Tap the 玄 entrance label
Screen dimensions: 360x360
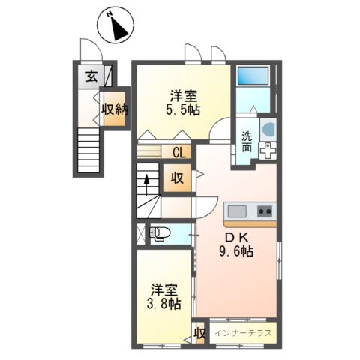(x=91, y=76)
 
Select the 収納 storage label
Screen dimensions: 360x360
(x=115, y=109)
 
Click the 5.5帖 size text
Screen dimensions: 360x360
(x=183, y=109)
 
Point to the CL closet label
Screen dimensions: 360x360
(x=179, y=152)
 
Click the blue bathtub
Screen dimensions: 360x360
(x=253, y=76)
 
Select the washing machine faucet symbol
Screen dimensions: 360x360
(x=268, y=151)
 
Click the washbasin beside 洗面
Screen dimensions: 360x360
(x=269, y=129)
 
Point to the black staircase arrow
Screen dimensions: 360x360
(x=147, y=184)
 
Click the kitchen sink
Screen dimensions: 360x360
(x=237, y=211)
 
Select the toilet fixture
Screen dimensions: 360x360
(x=160, y=233)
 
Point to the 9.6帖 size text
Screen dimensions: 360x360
(x=236, y=251)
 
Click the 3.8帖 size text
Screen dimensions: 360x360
(x=164, y=304)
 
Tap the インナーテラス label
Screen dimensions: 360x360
(x=243, y=333)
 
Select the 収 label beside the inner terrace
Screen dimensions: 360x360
(x=200, y=333)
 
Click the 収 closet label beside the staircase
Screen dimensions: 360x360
(x=177, y=178)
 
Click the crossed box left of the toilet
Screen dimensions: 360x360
(x=141, y=234)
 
